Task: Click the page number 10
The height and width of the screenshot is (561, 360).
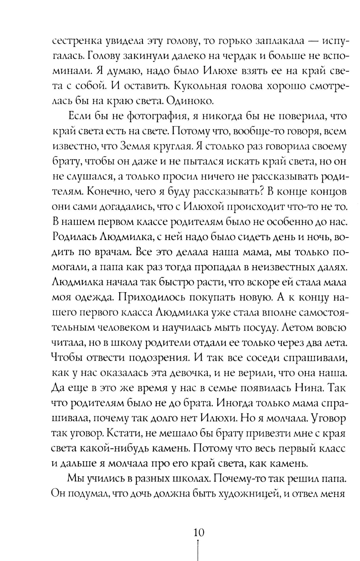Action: pyautogui.click(x=198, y=532)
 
